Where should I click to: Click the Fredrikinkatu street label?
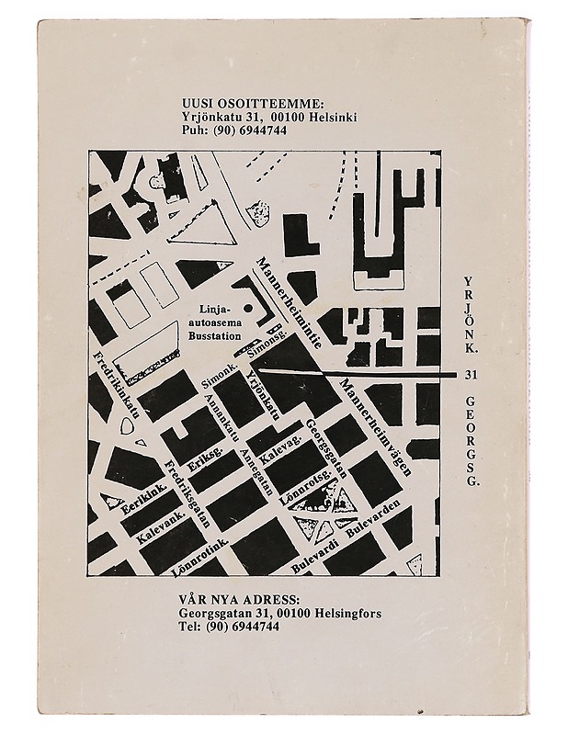(x=115, y=385)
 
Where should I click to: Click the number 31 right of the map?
(x=471, y=374)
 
